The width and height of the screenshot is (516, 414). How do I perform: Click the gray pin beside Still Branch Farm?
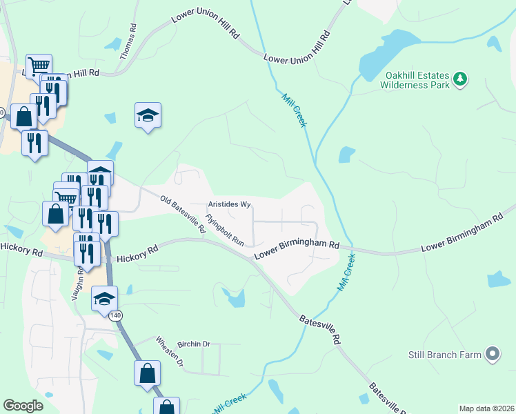pos(492,355)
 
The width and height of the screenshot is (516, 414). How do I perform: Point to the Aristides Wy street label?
pos(229,204)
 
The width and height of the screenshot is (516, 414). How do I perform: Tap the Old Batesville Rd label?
pos(183,215)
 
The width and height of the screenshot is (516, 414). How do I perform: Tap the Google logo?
pos(23,406)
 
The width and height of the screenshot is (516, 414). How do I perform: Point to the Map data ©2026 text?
pos(486,408)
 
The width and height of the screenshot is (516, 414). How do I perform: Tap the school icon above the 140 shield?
pos(104,297)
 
